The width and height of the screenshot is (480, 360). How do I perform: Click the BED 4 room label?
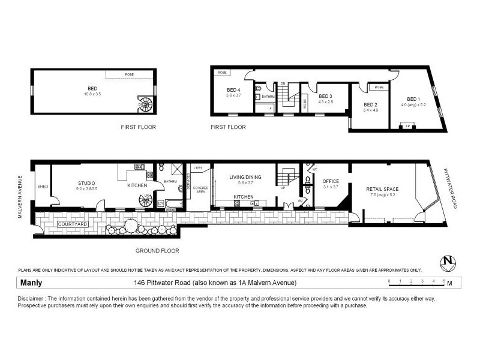pos(233,90)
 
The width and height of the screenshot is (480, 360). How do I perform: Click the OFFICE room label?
pos(331,181)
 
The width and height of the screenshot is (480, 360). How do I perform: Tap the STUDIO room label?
pos(86,183)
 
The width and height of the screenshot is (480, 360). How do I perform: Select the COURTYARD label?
pos(73,224)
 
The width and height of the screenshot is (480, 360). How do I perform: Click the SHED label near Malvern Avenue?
pos(42,186)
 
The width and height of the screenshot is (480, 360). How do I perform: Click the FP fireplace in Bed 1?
pos(408,126)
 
